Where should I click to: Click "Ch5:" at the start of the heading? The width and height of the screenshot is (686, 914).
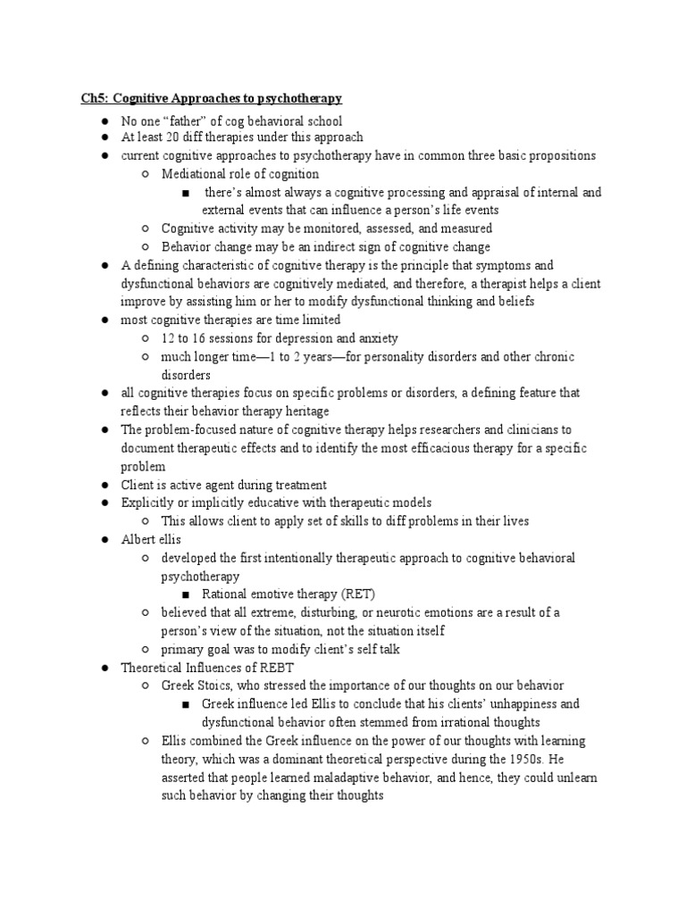(94, 97)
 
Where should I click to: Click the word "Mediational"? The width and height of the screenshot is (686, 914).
(194, 173)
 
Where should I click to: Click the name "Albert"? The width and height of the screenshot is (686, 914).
(139, 539)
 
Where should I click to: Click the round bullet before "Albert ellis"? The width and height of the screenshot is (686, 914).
(105, 540)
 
